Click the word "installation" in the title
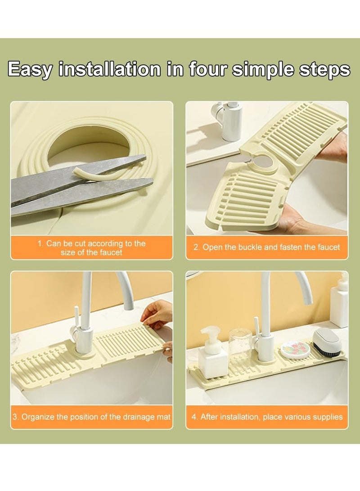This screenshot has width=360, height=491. tap(110, 69)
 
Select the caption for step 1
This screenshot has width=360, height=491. tap(91, 248)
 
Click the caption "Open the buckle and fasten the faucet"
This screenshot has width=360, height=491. tap(267, 247)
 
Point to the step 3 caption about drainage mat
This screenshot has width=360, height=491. tap(91, 417)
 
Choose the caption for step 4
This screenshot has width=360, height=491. tap(267, 417)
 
